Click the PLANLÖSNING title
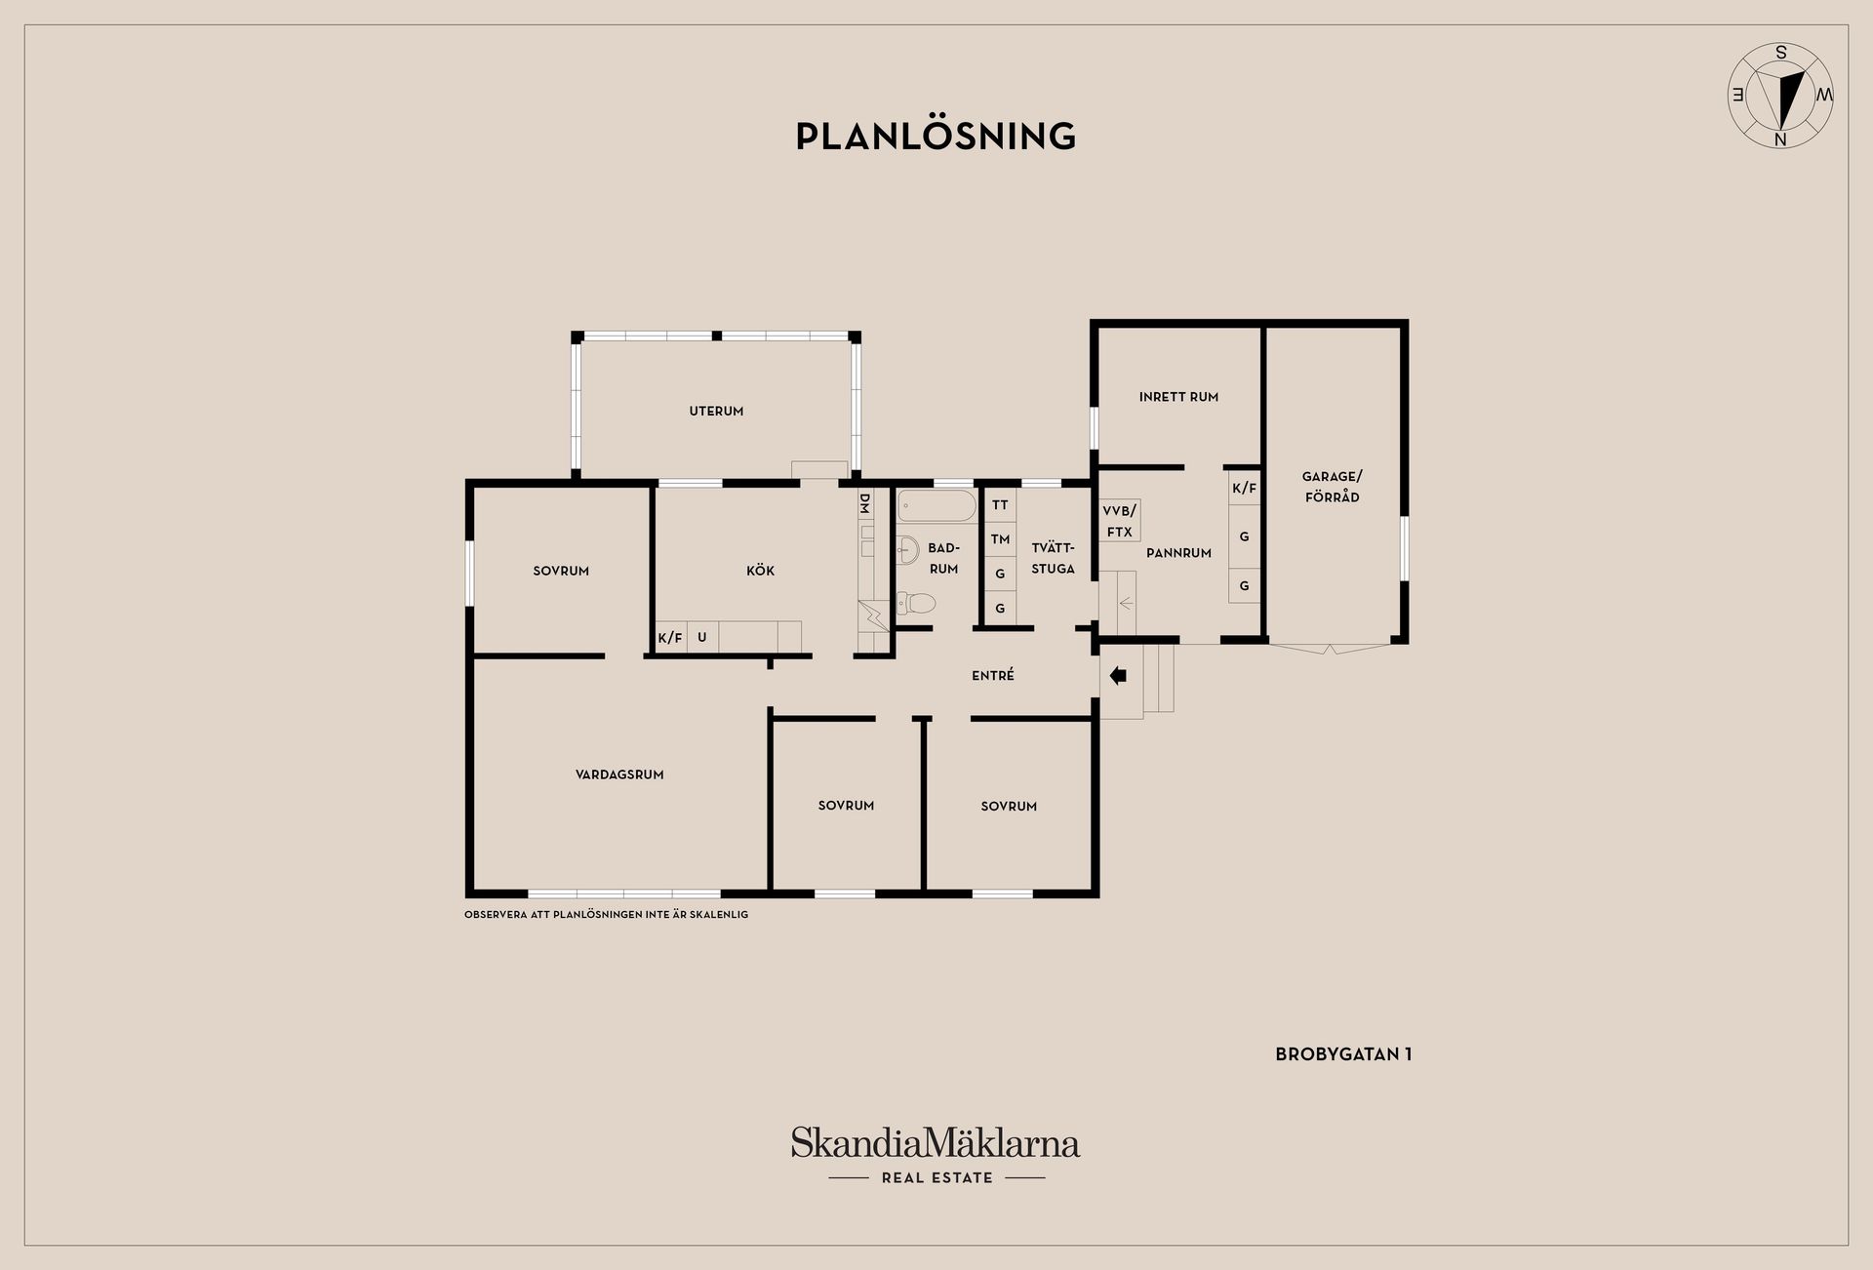coord(936,136)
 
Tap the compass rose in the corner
coord(1780,96)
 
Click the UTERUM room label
coord(716,412)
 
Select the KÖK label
coord(760,571)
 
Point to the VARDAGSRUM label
coord(619,774)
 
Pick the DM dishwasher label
coord(864,503)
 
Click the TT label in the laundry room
coord(1000,505)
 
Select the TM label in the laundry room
coord(1000,539)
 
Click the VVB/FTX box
coord(1120,521)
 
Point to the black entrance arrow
coord(1118,675)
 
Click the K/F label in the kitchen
coord(670,638)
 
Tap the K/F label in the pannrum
coord(1244,488)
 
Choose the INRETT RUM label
coord(1178,397)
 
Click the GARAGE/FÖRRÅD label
coord(1332,487)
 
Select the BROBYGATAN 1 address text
coord(1343,1054)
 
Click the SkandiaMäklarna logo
coord(936,1155)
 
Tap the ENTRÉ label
coord(993,675)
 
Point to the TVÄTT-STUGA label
coord(1053,558)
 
